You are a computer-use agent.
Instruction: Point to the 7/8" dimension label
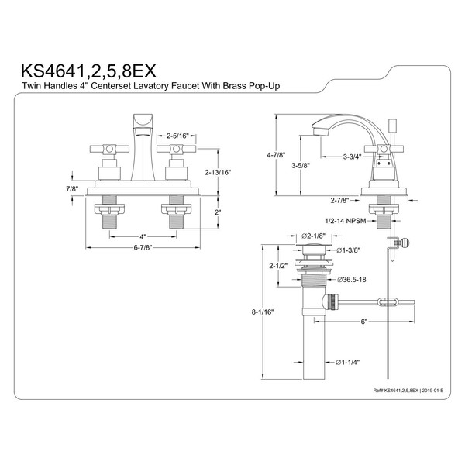71,189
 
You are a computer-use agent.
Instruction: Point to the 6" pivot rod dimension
363,321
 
